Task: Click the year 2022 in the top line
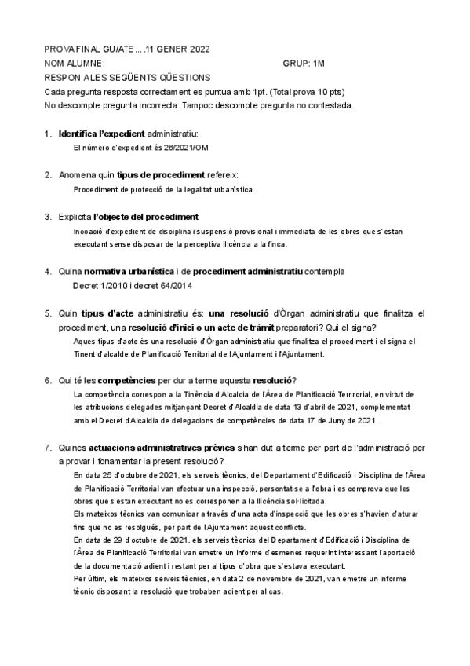point(199,49)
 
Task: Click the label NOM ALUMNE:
point(75,63)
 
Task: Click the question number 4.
point(48,272)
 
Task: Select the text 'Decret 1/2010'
point(99,285)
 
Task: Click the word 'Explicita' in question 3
point(75,216)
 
